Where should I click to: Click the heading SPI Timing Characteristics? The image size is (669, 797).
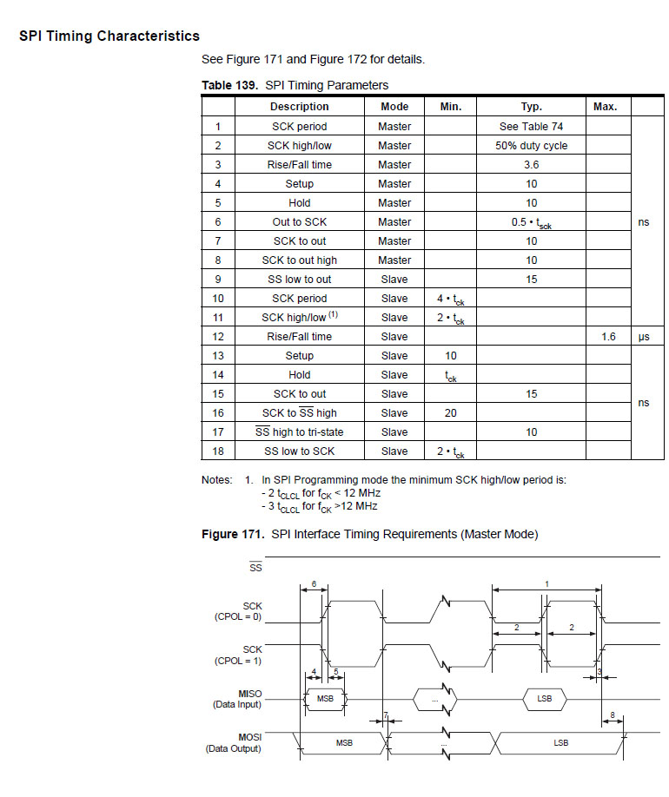tap(109, 36)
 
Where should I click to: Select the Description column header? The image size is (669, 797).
tap(299, 107)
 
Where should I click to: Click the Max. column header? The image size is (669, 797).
tap(605, 107)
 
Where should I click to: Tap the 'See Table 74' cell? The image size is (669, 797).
tap(531, 126)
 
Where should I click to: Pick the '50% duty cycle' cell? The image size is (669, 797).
tap(531, 145)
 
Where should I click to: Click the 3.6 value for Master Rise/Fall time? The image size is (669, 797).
tap(531, 164)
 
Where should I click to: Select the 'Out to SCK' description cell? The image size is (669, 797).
tap(299, 221)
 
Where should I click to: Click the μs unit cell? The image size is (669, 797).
tap(644, 336)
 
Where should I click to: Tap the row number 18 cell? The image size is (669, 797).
tap(218, 451)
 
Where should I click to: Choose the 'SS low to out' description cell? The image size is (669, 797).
tap(299, 279)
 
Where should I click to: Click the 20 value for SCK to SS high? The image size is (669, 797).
tap(450, 412)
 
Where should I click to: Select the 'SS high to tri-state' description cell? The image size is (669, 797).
tap(299, 431)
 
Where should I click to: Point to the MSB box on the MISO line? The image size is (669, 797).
tap(325, 698)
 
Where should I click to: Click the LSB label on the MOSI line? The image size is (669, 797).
tap(561, 742)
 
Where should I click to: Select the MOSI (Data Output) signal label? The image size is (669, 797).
tap(234, 742)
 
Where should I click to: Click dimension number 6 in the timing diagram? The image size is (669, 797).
tap(313, 583)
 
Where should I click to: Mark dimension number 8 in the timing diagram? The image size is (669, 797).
tap(613, 715)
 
